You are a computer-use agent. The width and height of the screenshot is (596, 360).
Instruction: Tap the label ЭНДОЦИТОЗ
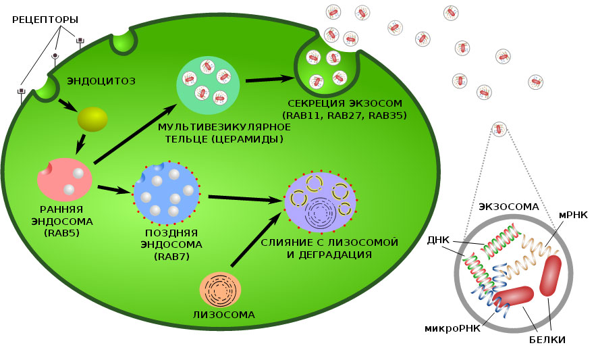coord(101,81)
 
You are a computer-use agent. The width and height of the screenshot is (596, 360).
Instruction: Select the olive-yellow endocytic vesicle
coord(92,119)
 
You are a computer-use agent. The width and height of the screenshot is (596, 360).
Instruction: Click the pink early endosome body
coord(65,178)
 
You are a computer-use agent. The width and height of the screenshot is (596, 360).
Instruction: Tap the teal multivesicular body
coord(208,84)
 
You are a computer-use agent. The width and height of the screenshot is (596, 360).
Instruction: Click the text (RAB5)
coord(62,233)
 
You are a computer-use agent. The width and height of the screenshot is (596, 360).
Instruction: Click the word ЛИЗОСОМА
coord(223,315)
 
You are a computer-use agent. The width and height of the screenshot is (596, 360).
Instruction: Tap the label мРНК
coord(573,214)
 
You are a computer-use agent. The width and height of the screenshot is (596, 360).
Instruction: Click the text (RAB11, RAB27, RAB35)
coord(349,115)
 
